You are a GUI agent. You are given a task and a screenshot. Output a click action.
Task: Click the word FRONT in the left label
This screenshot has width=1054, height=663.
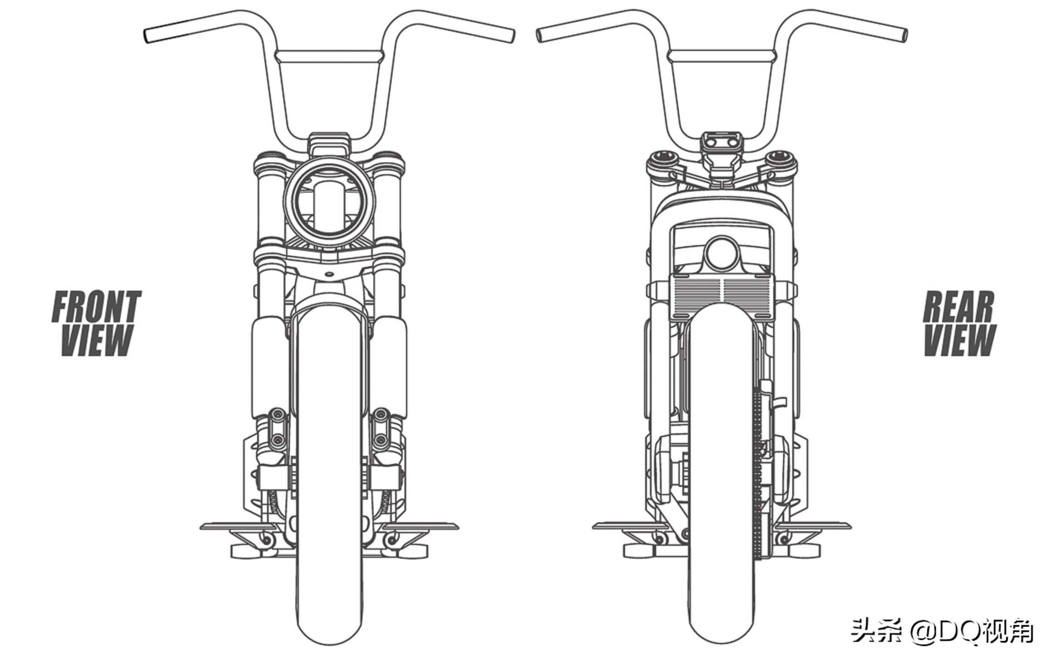pyautogui.click(x=96, y=307)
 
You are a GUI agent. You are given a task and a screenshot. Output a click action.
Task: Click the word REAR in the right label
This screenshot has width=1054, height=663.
pyautogui.click(x=959, y=307)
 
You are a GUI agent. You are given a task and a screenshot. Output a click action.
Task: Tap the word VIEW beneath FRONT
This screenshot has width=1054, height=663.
pyautogui.click(x=97, y=340)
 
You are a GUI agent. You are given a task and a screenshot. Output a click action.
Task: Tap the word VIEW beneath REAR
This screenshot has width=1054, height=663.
pyautogui.click(x=960, y=340)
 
